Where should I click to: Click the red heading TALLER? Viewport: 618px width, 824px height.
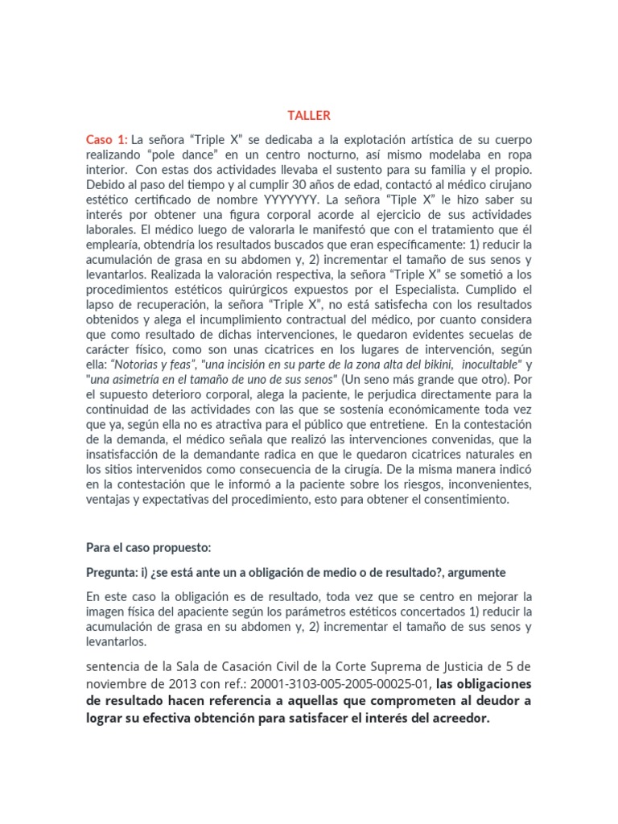tap(309, 115)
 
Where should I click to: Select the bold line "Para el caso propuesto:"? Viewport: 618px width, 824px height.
tap(149, 547)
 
